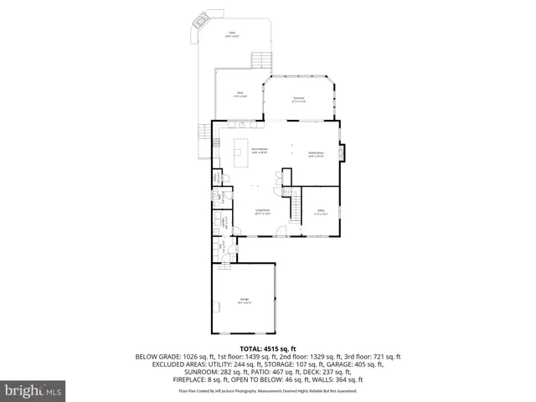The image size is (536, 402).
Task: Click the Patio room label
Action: pyautogui.click(x=232, y=35)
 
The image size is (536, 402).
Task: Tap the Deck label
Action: pyautogui.click(x=239, y=94)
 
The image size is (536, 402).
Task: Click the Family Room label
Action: pyautogui.click(x=316, y=154)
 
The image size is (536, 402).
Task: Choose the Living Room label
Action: pyautogui.click(x=261, y=213)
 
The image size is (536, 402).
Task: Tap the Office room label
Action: pyautogui.click(x=320, y=212)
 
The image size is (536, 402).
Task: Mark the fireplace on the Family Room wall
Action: pyautogui.click(x=342, y=152)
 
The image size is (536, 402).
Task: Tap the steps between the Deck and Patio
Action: pyautogui.click(x=261, y=60)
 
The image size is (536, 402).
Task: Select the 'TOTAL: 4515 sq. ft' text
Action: pyautogui.click(x=268, y=348)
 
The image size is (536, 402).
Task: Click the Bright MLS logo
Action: pyautogui.click(x=33, y=390)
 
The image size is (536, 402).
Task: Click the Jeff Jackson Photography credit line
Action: pyautogui.click(x=268, y=390)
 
